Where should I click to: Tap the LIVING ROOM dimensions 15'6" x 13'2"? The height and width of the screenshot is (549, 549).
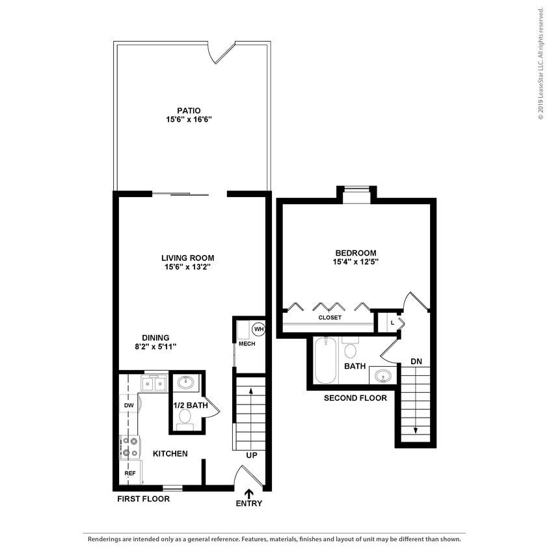(188, 267)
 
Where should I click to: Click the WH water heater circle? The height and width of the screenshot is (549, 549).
(258, 329)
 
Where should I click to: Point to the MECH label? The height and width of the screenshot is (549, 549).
(246, 343)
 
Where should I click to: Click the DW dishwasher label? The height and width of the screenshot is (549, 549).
(128, 405)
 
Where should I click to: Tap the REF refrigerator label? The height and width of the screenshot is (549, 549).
(129, 474)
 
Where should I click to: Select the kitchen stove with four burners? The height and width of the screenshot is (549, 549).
(130, 446)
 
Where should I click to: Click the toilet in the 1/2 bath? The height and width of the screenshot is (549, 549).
(185, 416)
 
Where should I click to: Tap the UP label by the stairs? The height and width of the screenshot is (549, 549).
(251, 455)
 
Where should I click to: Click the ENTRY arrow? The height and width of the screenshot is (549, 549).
(248, 494)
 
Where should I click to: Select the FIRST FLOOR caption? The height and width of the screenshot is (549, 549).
(143, 499)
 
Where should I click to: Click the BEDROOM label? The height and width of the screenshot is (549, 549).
(356, 253)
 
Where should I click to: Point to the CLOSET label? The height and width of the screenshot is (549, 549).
(330, 317)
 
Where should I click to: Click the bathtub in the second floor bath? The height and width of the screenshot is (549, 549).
(323, 360)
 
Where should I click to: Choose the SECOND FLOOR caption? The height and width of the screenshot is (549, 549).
(355, 398)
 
